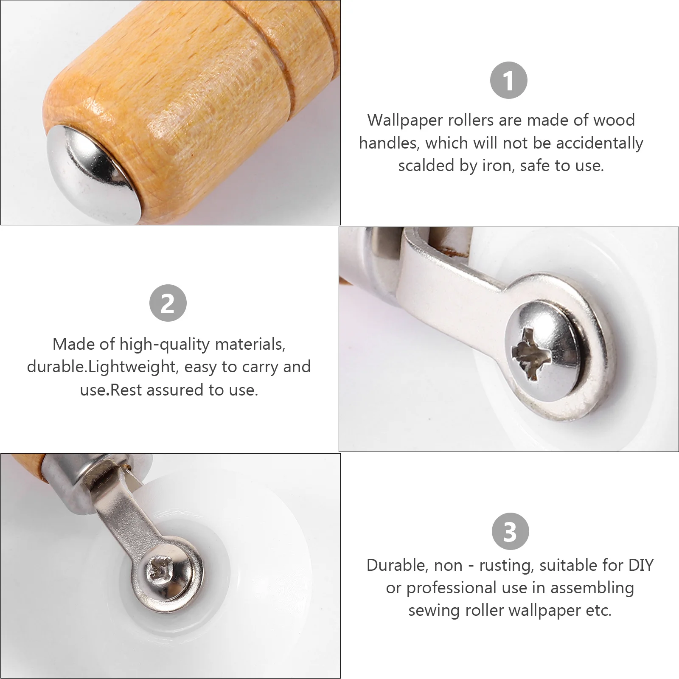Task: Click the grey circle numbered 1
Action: click(x=508, y=80)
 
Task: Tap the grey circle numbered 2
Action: click(x=168, y=303)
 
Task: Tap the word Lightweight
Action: click(x=132, y=367)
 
